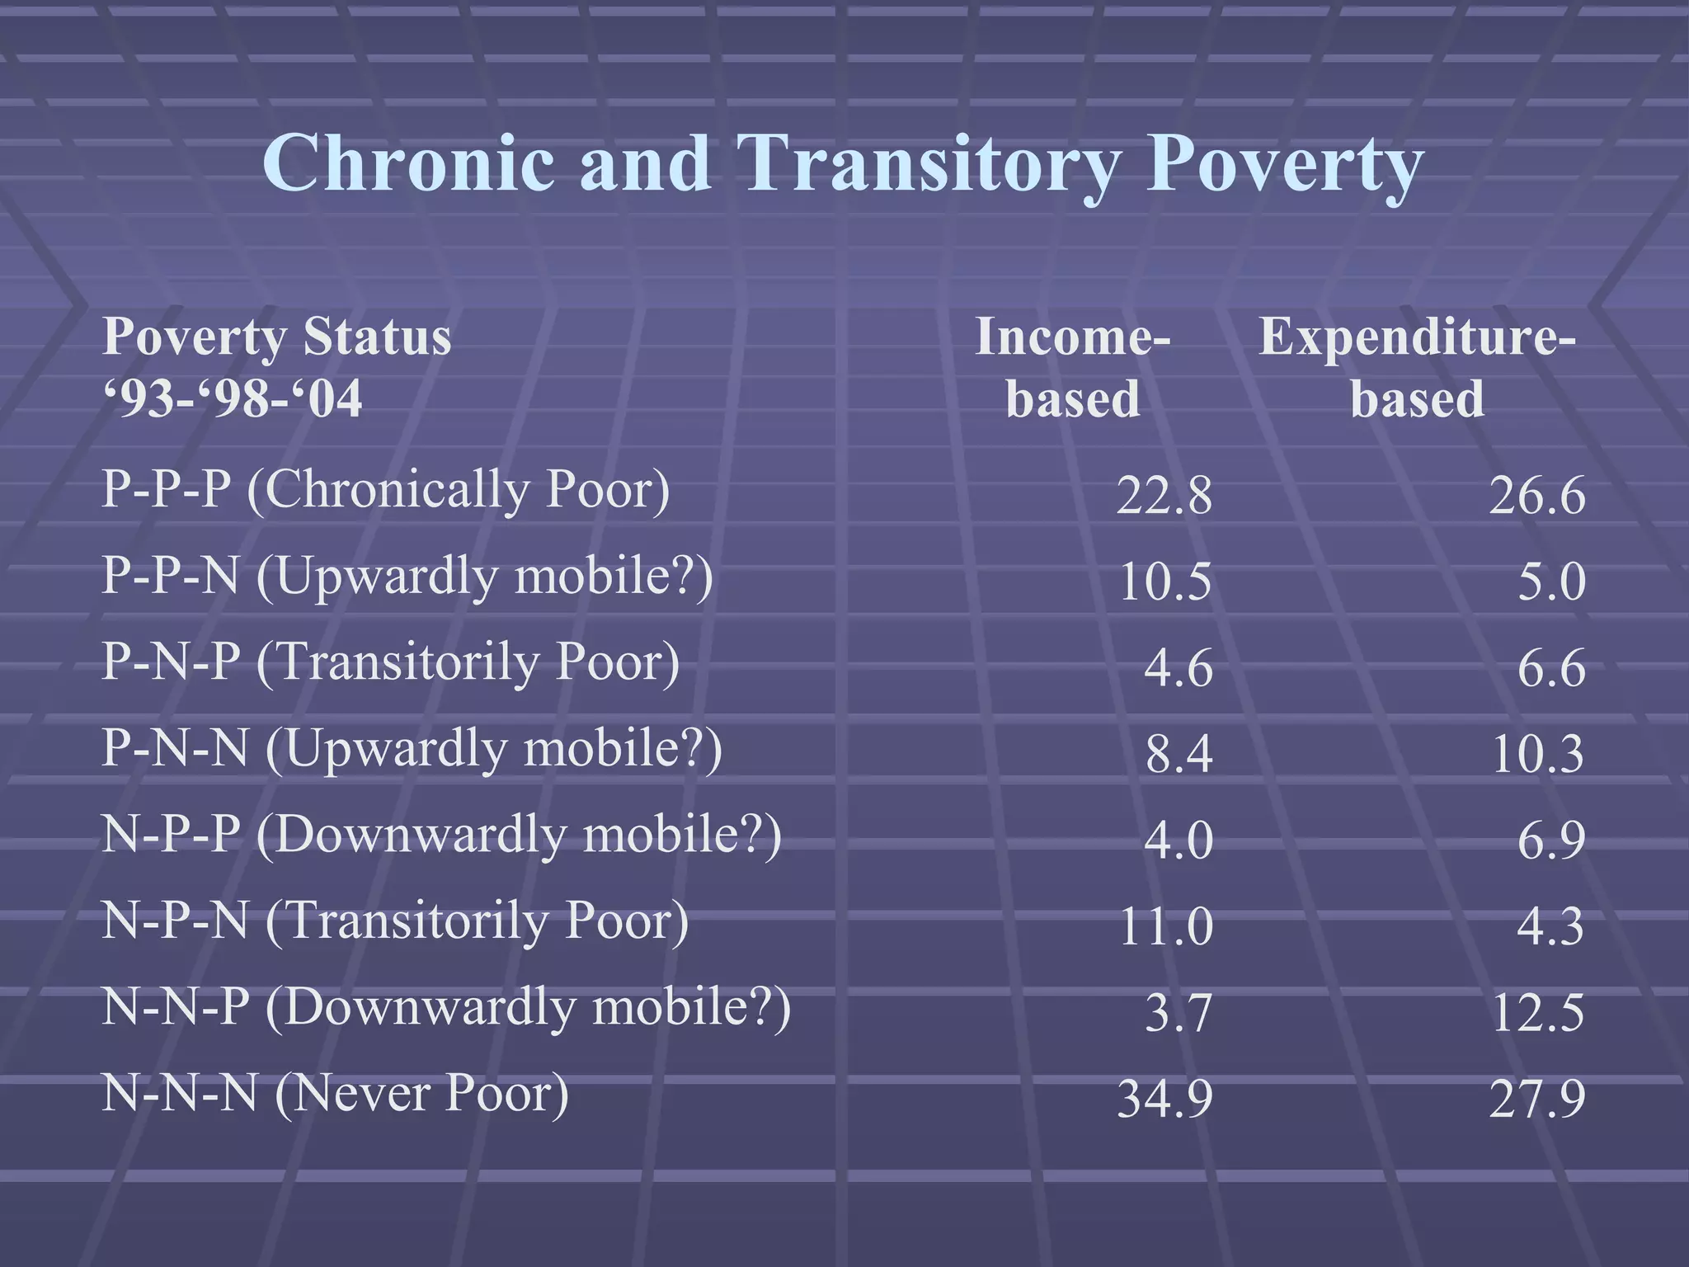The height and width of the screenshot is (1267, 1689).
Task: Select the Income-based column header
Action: (x=1072, y=368)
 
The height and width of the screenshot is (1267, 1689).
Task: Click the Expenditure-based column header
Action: (x=1417, y=368)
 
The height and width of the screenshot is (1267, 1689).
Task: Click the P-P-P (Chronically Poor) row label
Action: (x=385, y=490)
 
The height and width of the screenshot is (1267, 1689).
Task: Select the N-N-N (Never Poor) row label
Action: (x=335, y=1094)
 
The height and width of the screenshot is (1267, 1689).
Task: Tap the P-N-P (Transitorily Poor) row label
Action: (x=390, y=662)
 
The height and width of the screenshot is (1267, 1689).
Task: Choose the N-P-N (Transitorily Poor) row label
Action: (x=395, y=921)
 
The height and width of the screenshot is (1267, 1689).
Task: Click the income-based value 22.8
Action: (x=1164, y=497)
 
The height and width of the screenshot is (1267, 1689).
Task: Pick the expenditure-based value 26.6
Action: (x=1536, y=497)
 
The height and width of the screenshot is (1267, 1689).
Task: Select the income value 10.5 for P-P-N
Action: (x=1164, y=582)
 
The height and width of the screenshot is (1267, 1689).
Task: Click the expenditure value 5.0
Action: (x=1551, y=582)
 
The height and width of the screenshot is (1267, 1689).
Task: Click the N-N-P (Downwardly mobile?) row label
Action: (x=446, y=1008)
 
